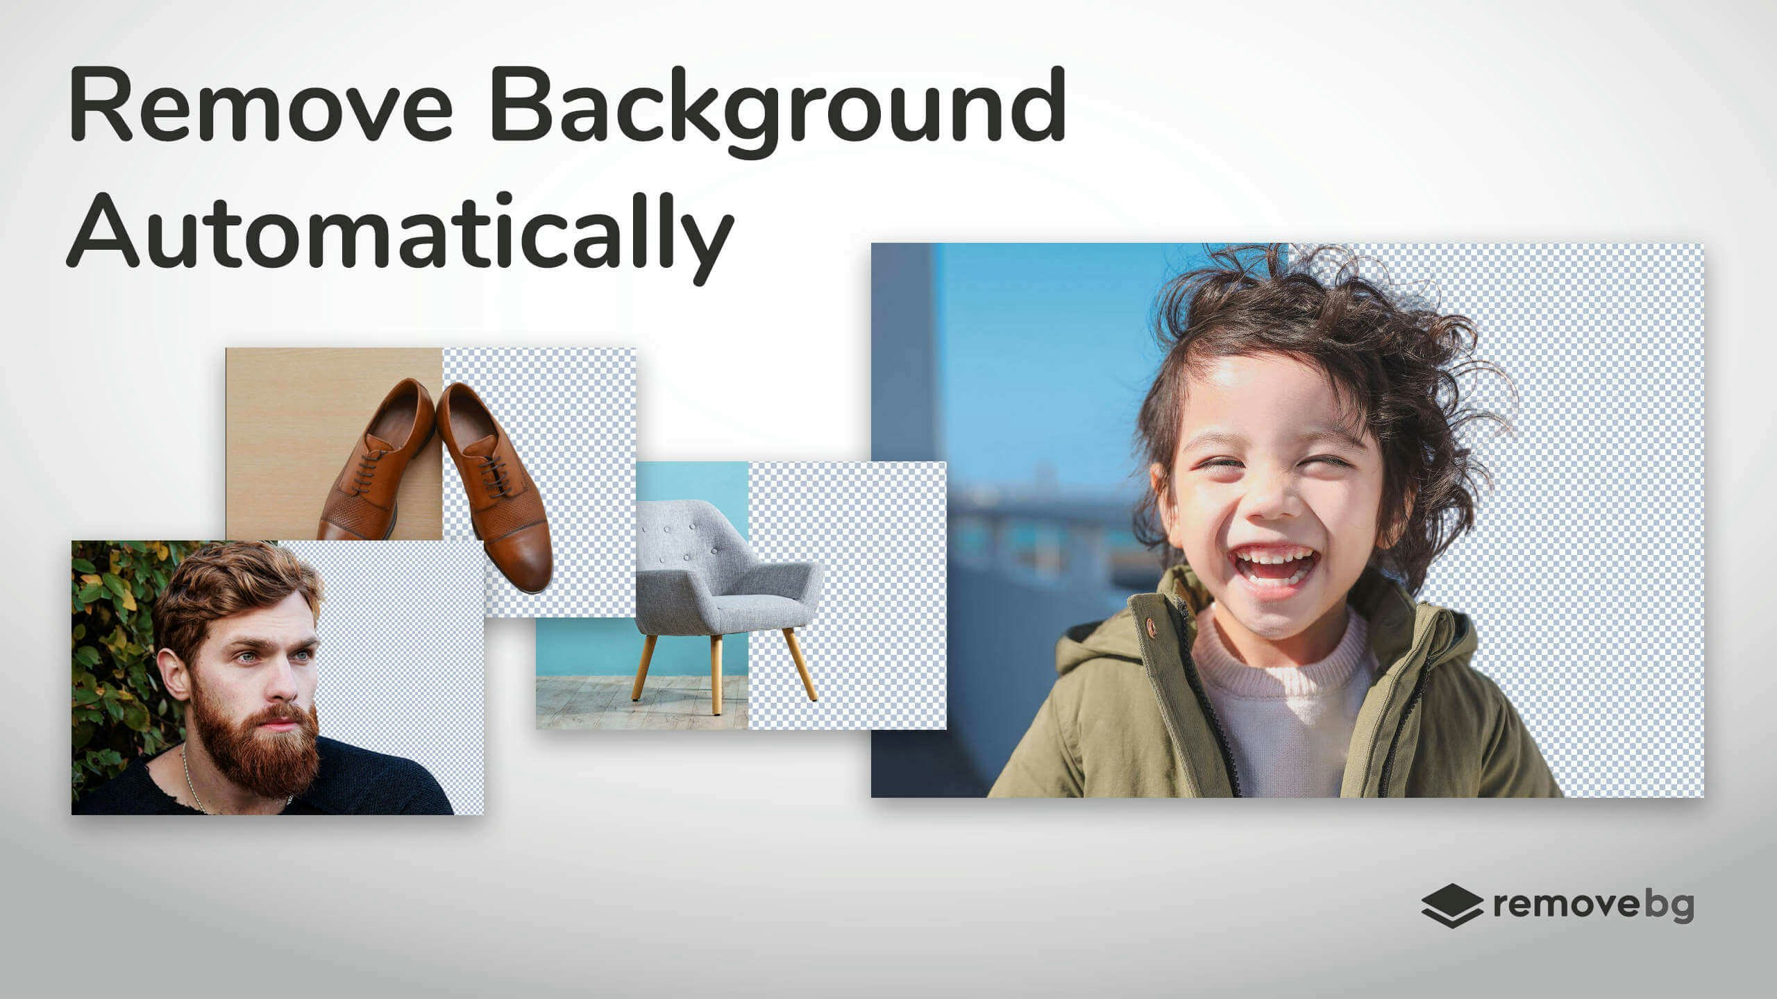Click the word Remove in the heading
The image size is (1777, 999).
(x=260, y=104)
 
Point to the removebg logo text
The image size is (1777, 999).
(x=1594, y=905)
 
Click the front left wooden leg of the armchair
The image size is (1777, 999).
(x=643, y=667)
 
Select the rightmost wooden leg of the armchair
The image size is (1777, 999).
(x=800, y=665)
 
